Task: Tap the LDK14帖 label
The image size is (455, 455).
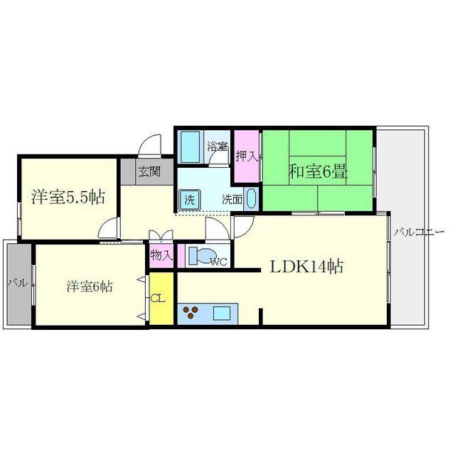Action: click(306, 267)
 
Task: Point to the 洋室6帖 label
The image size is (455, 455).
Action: click(89, 287)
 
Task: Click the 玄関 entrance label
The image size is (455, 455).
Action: click(149, 171)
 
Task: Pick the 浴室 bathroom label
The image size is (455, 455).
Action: click(217, 147)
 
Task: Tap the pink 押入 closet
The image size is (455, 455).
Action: click(245, 156)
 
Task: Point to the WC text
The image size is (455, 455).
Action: click(218, 262)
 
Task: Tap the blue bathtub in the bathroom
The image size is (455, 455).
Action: click(190, 146)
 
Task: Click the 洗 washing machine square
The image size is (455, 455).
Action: click(189, 199)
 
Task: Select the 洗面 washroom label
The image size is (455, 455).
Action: click(231, 199)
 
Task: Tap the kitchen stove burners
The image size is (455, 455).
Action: click(193, 313)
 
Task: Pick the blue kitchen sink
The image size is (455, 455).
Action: click(223, 312)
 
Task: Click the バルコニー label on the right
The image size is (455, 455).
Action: click(419, 232)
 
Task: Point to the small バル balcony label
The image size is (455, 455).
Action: click(18, 284)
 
